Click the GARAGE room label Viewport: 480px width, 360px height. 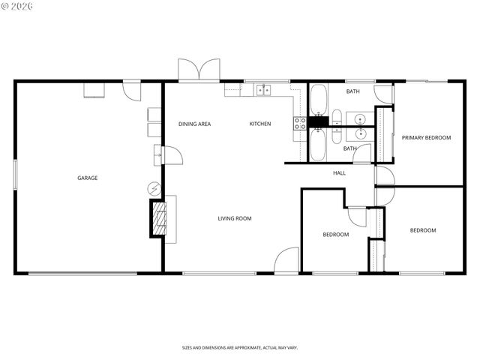pyautogui.click(x=88, y=178)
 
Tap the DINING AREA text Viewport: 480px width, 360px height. pyautogui.click(x=194, y=124)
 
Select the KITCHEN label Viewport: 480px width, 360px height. pyautogui.click(x=260, y=124)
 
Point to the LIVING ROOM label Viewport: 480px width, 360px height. pyautogui.click(x=235, y=219)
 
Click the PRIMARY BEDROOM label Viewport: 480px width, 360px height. pyautogui.click(x=426, y=138)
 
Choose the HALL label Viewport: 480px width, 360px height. pyautogui.click(x=340, y=173)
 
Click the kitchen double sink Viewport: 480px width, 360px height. pyautogui.click(x=264, y=90)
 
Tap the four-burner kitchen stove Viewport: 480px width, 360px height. pyautogui.click(x=300, y=123)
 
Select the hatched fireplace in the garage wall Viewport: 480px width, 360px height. pyautogui.click(x=158, y=219)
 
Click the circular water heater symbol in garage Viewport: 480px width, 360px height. pyautogui.click(x=154, y=187)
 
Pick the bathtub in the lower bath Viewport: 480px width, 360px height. pyautogui.click(x=318, y=144)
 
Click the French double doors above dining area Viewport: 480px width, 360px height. pyautogui.click(x=199, y=70)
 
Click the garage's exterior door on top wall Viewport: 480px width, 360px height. pyautogui.click(x=132, y=90)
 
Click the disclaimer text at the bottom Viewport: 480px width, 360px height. pyautogui.click(x=239, y=348)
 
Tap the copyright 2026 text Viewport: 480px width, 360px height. pyautogui.click(x=19, y=6)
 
